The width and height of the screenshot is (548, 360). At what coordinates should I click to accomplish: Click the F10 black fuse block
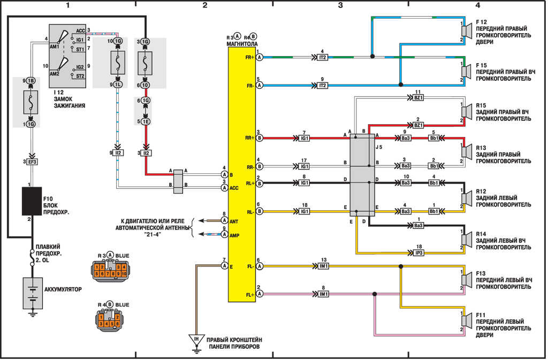pyautogui.click(x=32, y=201)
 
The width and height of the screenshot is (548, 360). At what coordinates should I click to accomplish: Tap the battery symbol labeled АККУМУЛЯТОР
pyautogui.click(x=33, y=293)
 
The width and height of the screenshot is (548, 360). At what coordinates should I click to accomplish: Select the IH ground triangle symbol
pyautogui.click(x=196, y=340)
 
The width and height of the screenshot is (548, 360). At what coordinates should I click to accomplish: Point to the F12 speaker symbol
pyautogui.click(x=466, y=30)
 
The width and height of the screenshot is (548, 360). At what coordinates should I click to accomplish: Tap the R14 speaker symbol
pyautogui.click(x=466, y=240)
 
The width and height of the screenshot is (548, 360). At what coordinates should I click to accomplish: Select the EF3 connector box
pyautogui.click(x=32, y=162)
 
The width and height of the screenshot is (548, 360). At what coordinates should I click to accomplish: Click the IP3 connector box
pyautogui.click(x=418, y=252)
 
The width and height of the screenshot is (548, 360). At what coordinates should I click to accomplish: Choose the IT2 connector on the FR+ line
pyautogui.click(x=322, y=57)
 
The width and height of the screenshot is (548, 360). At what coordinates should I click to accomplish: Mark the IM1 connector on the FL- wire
pyautogui.click(x=324, y=266)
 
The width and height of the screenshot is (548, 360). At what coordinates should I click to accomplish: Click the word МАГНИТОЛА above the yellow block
pyautogui.click(x=242, y=44)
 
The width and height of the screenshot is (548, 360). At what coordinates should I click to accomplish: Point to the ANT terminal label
pyautogui.click(x=234, y=221)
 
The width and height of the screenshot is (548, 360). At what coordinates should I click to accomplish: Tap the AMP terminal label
pyautogui.click(x=234, y=235)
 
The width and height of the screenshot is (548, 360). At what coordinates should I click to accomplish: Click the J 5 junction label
pyautogui.click(x=379, y=147)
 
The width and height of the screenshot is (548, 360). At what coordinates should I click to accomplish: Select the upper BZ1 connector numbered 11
pyautogui.click(x=418, y=98)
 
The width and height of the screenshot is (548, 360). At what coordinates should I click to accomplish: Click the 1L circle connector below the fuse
pyautogui.click(x=117, y=85)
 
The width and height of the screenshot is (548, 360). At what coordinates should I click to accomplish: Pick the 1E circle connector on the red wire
pyautogui.click(x=146, y=121)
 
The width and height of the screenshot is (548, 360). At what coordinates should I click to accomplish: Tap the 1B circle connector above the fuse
pyautogui.click(x=31, y=81)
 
